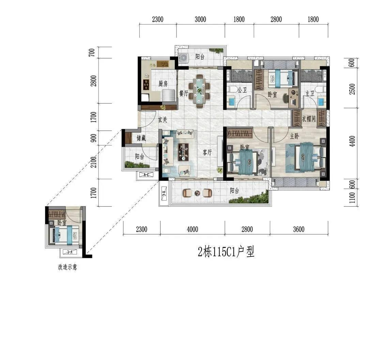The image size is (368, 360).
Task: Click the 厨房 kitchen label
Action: [x=163, y=83]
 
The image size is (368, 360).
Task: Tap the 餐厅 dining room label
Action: [x=184, y=93]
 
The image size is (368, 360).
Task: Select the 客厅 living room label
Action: [x=207, y=153]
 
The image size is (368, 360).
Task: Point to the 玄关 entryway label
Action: [x=163, y=120]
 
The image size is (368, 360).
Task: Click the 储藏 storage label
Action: [x=141, y=138]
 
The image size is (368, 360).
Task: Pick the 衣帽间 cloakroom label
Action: [x=309, y=119]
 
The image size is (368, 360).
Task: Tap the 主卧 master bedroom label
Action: [x=294, y=136]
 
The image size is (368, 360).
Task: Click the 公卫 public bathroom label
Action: [x=242, y=90]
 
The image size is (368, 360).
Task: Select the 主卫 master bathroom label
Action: [x=310, y=94]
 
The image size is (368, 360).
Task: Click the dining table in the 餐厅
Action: [x=199, y=91]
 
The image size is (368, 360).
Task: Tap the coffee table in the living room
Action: [x=183, y=152]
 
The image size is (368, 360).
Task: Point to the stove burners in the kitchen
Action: [x=147, y=84]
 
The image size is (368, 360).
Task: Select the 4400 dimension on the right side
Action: [x=352, y=141]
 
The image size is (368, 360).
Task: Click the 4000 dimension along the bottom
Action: [x=193, y=229]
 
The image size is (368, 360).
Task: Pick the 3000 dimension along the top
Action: [x=200, y=19]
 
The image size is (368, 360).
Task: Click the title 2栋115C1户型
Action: [x=226, y=252]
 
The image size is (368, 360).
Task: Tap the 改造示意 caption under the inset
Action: [x=67, y=267]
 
